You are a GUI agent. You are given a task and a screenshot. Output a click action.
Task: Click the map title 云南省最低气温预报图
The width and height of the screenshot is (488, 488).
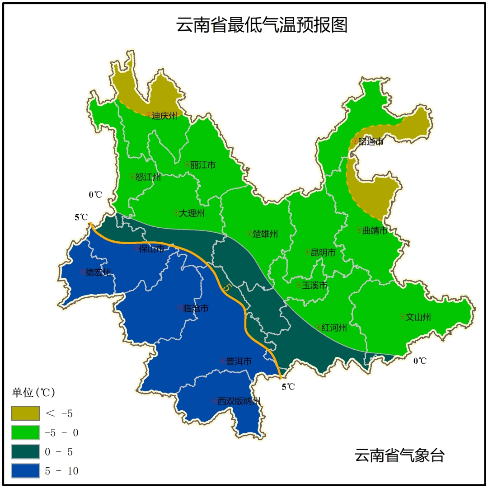coord(262,25)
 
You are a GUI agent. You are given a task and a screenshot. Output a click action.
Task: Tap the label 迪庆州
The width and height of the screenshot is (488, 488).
coord(164,116)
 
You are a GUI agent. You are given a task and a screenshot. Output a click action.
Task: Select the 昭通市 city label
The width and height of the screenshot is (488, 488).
coord(371,142)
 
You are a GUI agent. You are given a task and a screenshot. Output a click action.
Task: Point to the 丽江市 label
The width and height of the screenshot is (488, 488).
coord(202,165)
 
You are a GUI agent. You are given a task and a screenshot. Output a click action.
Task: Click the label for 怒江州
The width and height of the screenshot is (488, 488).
coord(148,177)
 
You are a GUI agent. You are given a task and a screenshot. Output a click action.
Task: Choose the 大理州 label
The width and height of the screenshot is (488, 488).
coord(192,213)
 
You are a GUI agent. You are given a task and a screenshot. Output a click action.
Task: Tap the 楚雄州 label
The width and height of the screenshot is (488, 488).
coord(265,234)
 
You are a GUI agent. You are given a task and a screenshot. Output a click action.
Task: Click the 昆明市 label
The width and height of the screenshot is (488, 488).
coord(323,252)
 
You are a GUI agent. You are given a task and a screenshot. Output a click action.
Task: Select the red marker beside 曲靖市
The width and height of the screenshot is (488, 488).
coord(359,230)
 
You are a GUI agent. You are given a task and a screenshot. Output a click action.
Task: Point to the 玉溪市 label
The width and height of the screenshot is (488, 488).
coord(314,285)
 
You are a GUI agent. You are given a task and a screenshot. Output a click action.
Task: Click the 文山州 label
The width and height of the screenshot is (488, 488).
coord(418,317)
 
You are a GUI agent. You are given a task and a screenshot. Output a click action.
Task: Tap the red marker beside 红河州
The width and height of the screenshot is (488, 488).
coord(318,327)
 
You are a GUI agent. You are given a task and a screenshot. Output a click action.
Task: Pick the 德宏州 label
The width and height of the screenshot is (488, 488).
coord(98,272)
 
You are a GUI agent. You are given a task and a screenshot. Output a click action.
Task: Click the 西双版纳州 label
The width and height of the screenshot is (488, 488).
coord(239,401)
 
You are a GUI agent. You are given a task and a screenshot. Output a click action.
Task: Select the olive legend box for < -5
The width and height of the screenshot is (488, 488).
coord(25,413)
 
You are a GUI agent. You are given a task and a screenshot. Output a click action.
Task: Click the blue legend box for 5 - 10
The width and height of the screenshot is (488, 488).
coord(25,471)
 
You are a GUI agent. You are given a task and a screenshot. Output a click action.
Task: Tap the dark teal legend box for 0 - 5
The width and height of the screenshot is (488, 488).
coord(25,452)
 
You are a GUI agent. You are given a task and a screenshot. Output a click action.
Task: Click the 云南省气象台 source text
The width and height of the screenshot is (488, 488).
coord(399,455)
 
